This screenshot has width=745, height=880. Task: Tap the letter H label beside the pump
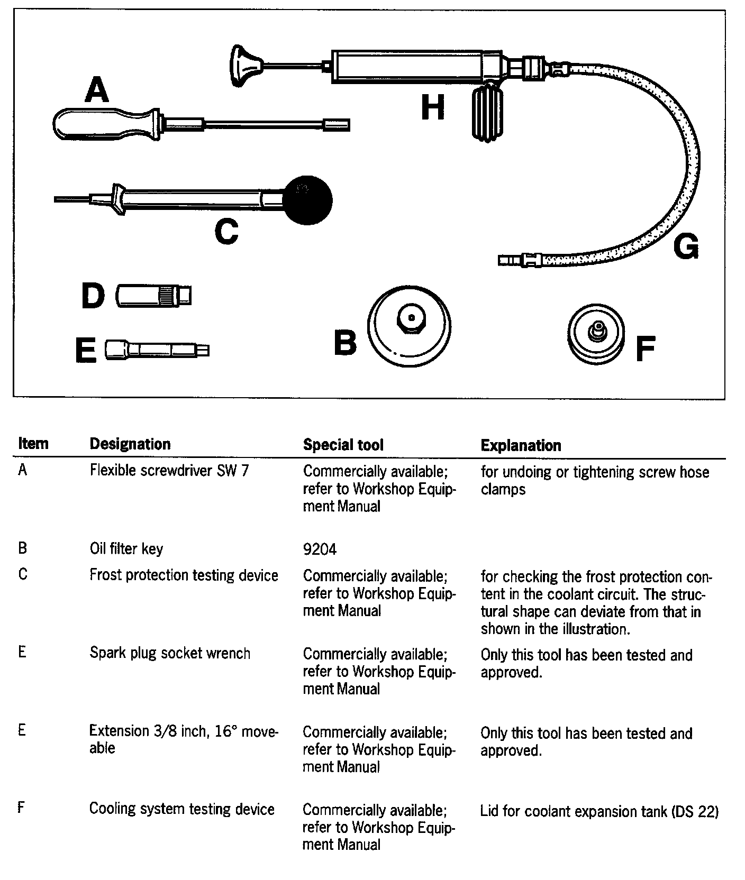[x=433, y=108]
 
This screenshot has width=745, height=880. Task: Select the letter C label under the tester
[x=226, y=232]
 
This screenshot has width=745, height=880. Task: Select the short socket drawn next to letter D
[x=153, y=295]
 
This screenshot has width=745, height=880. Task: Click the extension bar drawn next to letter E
[x=157, y=350]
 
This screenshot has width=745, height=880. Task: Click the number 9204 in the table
[x=320, y=549]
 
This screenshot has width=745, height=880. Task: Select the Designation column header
[x=130, y=444]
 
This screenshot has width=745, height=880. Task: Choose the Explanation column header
[x=521, y=445]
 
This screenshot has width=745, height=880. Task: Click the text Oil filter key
[x=126, y=548]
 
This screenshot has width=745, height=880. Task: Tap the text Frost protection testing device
[x=184, y=575]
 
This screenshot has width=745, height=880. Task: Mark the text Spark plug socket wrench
[x=170, y=653]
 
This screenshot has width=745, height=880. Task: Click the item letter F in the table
[x=21, y=808]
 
